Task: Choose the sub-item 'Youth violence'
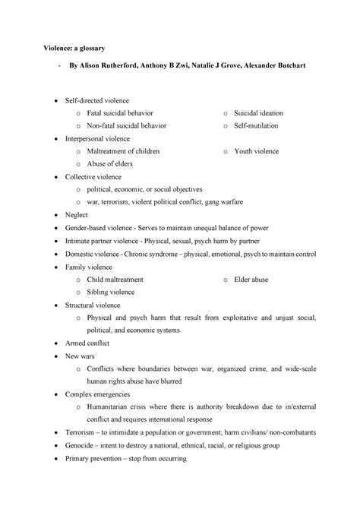pos(257,151)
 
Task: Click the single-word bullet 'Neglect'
pos(77,215)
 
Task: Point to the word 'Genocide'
pos(81,446)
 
